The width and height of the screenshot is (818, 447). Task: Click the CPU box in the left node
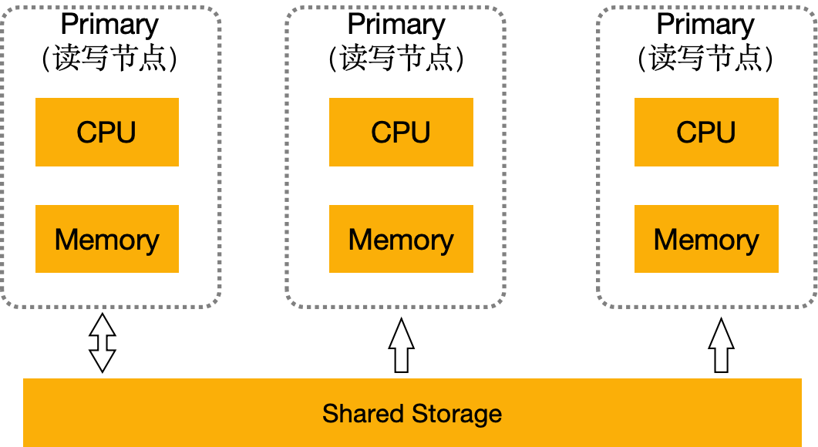click(107, 132)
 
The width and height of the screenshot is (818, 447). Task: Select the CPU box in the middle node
click(401, 132)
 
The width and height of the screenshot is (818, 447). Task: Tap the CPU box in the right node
click(706, 132)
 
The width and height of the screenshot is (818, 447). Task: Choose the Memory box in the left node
click(107, 239)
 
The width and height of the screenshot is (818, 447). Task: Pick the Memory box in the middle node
click(401, 239)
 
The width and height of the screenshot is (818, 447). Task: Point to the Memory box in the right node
click(706, 239)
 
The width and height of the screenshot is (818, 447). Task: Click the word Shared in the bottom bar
click(363, 414)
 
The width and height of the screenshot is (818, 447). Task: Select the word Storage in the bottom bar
click(456, 414)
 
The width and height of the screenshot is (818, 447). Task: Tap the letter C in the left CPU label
click(87, 133)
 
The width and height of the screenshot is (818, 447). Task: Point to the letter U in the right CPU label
click(725, 133)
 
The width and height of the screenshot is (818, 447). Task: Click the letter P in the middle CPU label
click(401, 133)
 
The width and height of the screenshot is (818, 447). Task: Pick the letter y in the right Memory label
click(750, 243)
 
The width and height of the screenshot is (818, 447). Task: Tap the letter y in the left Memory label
click(151, 243)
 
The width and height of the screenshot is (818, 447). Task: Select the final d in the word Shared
click(396, 414)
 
